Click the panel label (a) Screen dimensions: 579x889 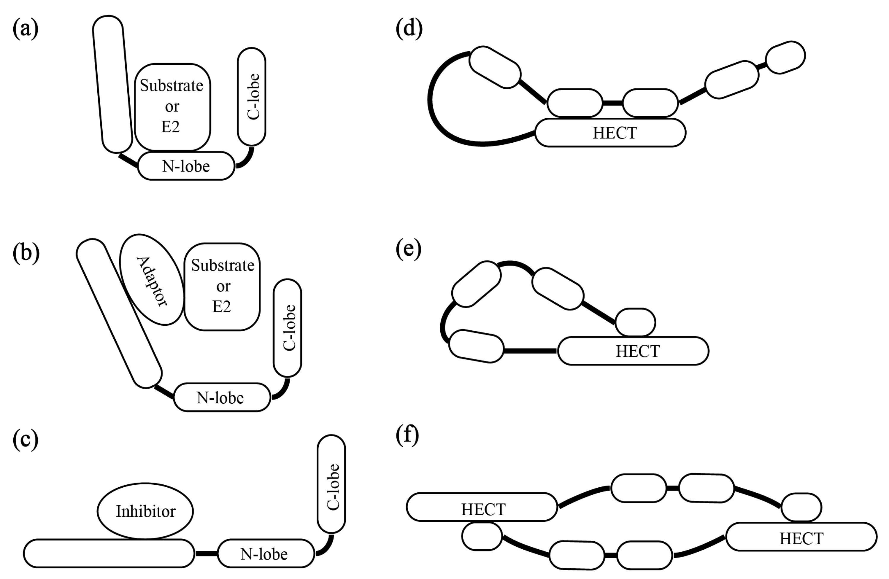pos(26,29)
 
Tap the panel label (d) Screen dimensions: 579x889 pos(409,29)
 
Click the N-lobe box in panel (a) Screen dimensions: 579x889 pos(186,166)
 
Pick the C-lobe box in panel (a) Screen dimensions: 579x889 pos(251,96)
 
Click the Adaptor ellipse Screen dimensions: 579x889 pos(152,280)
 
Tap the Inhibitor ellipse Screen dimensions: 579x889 pos(145,511)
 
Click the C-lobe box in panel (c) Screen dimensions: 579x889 pos(331,484)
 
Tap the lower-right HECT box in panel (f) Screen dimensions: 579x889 pos(801,537)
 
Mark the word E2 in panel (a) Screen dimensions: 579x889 pos(170,127)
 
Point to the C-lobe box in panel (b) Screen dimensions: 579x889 pos(287,328)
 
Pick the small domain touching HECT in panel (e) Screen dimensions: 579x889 pos(635,322)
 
